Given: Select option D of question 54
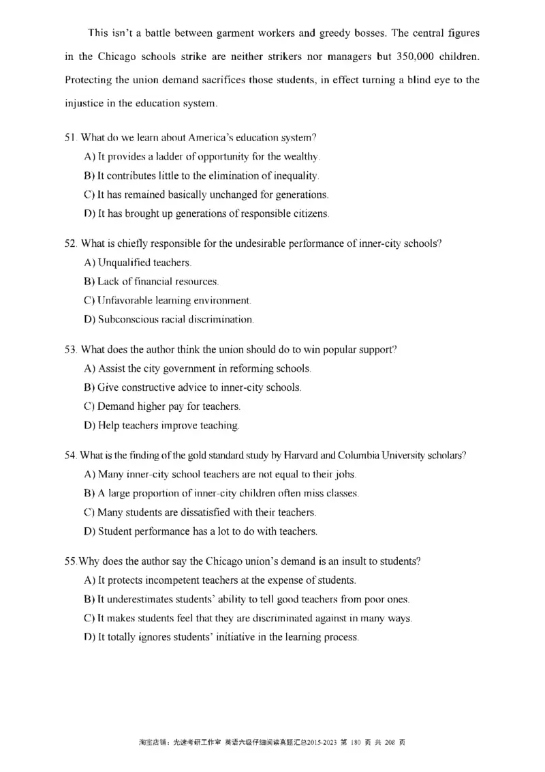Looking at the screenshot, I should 200,531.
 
